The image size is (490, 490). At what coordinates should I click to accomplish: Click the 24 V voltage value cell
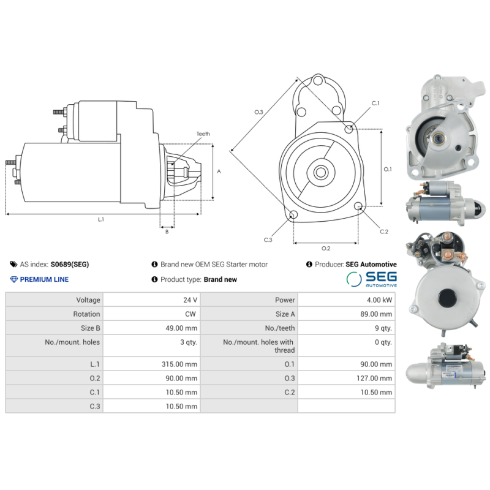click(x=190, y=300)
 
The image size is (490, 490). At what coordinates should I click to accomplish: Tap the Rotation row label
click(x=86, y=314)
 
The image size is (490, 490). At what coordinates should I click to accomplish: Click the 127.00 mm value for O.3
click(x=373, y=379)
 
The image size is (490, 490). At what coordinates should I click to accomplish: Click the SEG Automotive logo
click(x=371, y=279)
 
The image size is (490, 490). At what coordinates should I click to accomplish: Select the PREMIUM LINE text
click(x=44, y=279)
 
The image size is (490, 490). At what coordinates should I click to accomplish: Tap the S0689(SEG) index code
click(x=69, y=265)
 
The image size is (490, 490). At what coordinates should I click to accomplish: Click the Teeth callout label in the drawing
click(x=203, y=134)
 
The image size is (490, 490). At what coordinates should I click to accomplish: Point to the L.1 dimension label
click(x=101, y=219)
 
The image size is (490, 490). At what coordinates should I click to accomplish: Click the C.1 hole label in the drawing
click(x=375, y=104)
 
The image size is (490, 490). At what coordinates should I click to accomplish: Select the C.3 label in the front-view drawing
click(x=268, y=240)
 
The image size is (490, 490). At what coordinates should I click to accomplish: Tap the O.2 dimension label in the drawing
click(x=326, y=248)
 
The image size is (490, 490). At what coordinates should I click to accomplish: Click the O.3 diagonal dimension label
click(x=258, y=112)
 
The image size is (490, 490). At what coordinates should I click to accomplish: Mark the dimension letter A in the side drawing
click(x=219, y=171)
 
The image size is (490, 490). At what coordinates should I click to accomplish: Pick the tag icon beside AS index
click(x=13, y=265)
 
